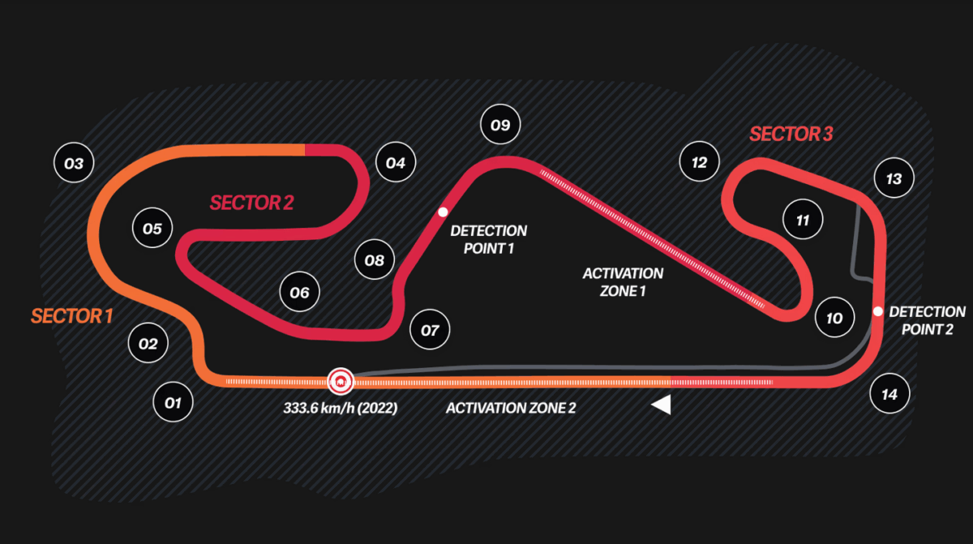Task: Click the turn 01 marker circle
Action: [x=173, y=402]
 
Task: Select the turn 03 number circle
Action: [x=74, y=164]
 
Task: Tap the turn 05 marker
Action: [x=152, y=229]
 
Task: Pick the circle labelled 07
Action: [x=430, y=330]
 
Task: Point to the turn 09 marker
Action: [x=500, y=125]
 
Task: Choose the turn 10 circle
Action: [x=834, y=318]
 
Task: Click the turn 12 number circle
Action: [x=699, y=162]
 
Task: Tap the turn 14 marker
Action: [x=889, y=395]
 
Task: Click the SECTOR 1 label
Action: [x=71, y=316]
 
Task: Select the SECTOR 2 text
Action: [x=251, y=203]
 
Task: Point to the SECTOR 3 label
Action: [x=791, y=135]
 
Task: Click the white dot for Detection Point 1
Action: [x=443, y=212]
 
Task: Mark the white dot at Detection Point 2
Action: [x=877, y=311]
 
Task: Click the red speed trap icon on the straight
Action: [x=340, y=380]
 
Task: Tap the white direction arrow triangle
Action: [x=662, y=405]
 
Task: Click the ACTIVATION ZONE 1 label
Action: [x=623, y=282]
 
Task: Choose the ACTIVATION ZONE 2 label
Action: [x=511, y=409]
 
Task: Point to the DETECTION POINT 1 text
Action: [x=489, y=240]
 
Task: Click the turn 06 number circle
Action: [x=300, y=293]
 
